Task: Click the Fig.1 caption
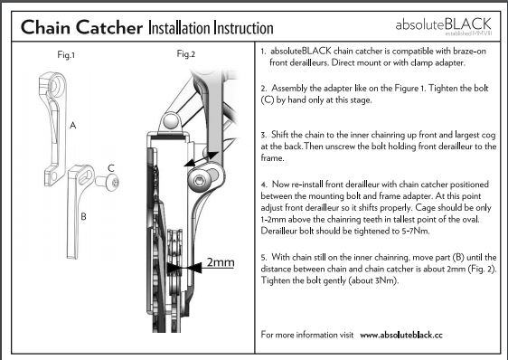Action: pos(66,55)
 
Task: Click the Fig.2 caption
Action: pos(186,54)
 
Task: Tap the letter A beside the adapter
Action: pos(73,125)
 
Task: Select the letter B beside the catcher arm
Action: pos(83,216)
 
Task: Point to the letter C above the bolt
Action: pos(111,168)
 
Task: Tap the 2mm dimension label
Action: pos(221,262)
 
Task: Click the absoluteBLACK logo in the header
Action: pos(444,25)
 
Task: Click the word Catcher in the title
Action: pos(109,27)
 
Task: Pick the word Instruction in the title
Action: pos(243,28)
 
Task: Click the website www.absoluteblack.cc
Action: pos(401,335)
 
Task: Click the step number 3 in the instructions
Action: pos(263,135)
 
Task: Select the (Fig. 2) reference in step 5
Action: pos(482,269)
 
